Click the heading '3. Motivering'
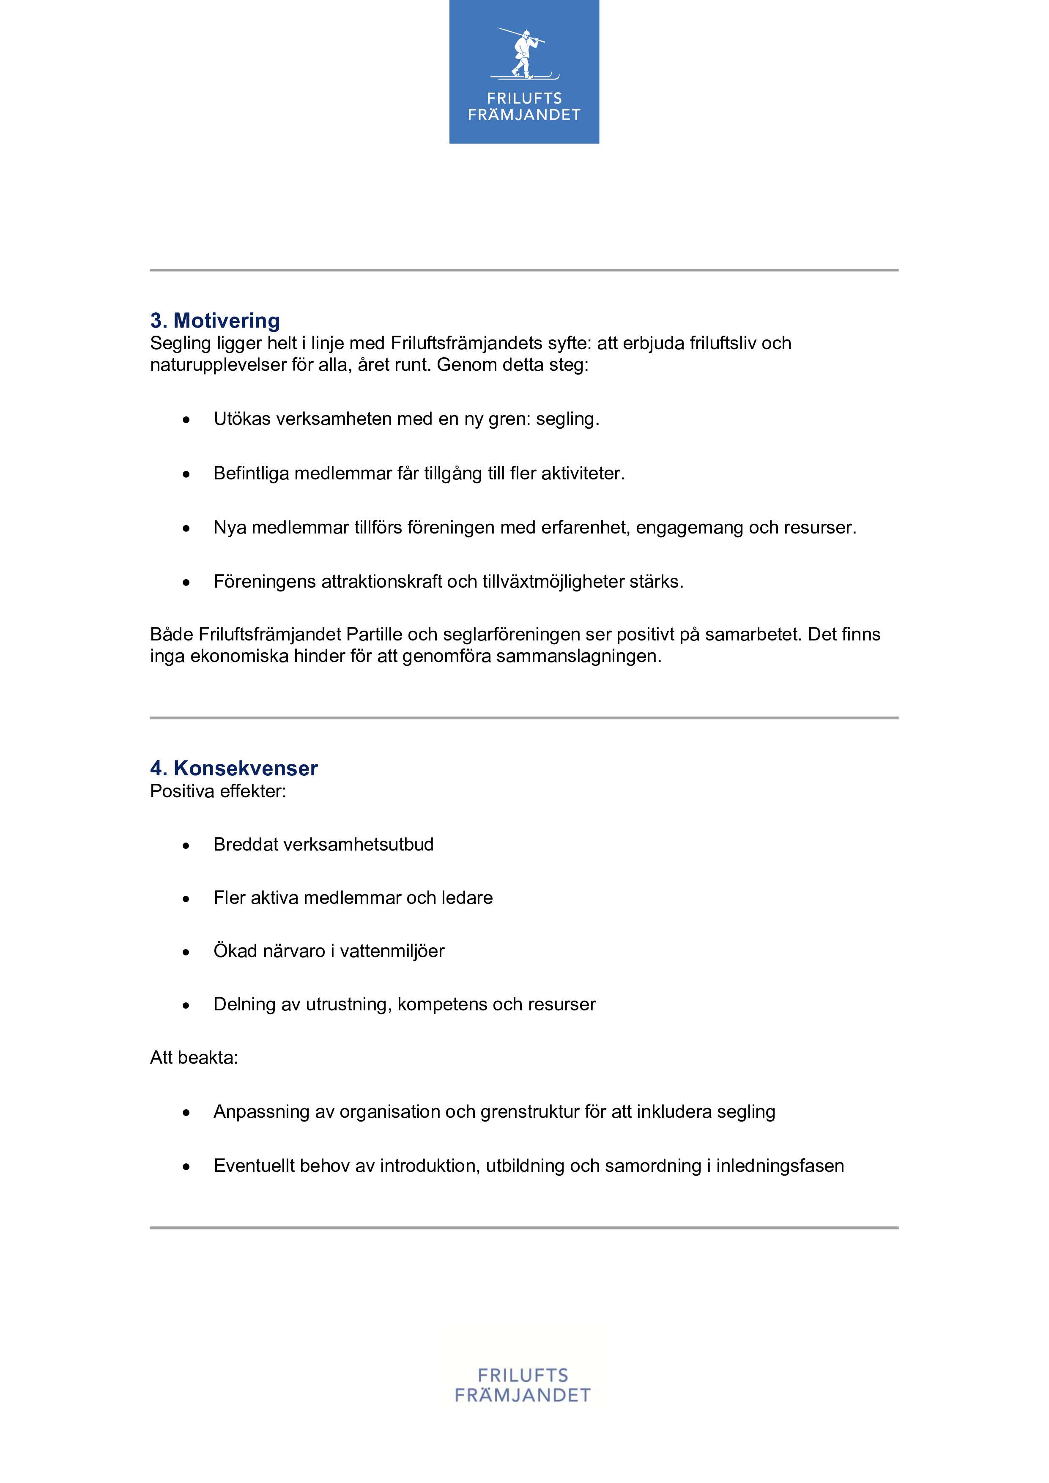pyautogui.click(x=215, y=320)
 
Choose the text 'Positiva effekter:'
pyautogui.click(x=218, y=791)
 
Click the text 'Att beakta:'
pyautogui.click(x=194, y=1058)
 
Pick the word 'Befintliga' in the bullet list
pyautogui.click(x=251, y=473)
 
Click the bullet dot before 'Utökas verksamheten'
pyautogui.click(x=186, y=420)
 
